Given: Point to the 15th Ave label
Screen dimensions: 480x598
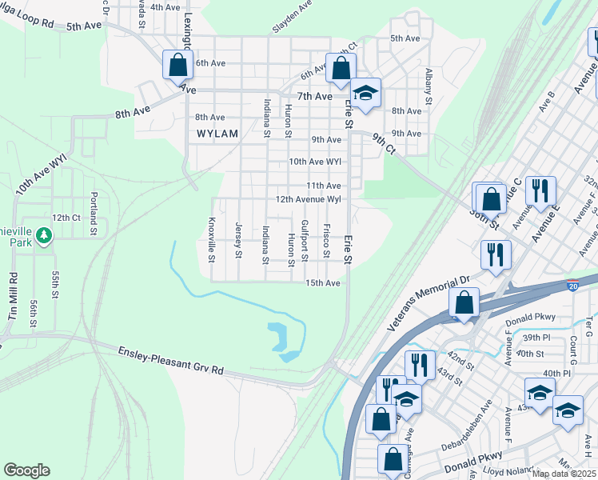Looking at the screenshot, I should [x=325, y=283].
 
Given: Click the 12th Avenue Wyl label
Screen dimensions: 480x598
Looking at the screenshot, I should [x=309, y=199].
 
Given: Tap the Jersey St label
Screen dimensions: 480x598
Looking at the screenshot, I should [x=238, y=241].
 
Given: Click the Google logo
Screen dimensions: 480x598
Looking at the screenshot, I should [x=26, y=470].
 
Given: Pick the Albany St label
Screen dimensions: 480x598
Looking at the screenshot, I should [x=429, y=87].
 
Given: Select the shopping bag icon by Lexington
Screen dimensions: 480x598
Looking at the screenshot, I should [x=177, y=64].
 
